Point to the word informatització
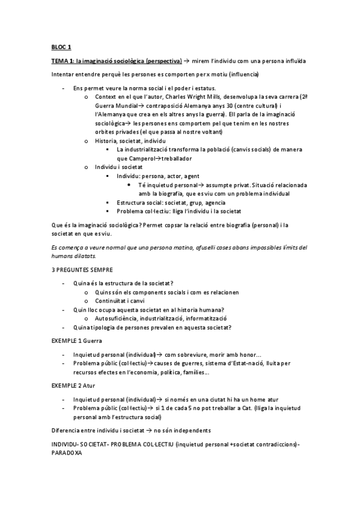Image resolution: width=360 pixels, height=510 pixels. [204, 318]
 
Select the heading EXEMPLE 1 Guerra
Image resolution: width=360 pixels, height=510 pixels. [76, 341]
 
